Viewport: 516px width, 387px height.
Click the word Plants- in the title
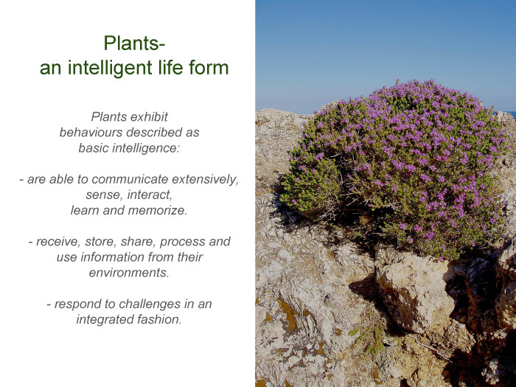pyautogui.click(x=134, y=43)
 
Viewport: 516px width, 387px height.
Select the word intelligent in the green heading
pyautogui.click(x=110, y=68)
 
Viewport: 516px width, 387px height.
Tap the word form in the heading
pyautogui.click(x=209, y=68)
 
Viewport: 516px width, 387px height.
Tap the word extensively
pyautogui.click(x=205, y=180)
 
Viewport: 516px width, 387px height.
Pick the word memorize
pyautogui.click(x=158, y=210)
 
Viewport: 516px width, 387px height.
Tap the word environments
pyautogui.click(x=129, y=273)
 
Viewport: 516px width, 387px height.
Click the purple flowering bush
pyautogui.click(x=395, y=164)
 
